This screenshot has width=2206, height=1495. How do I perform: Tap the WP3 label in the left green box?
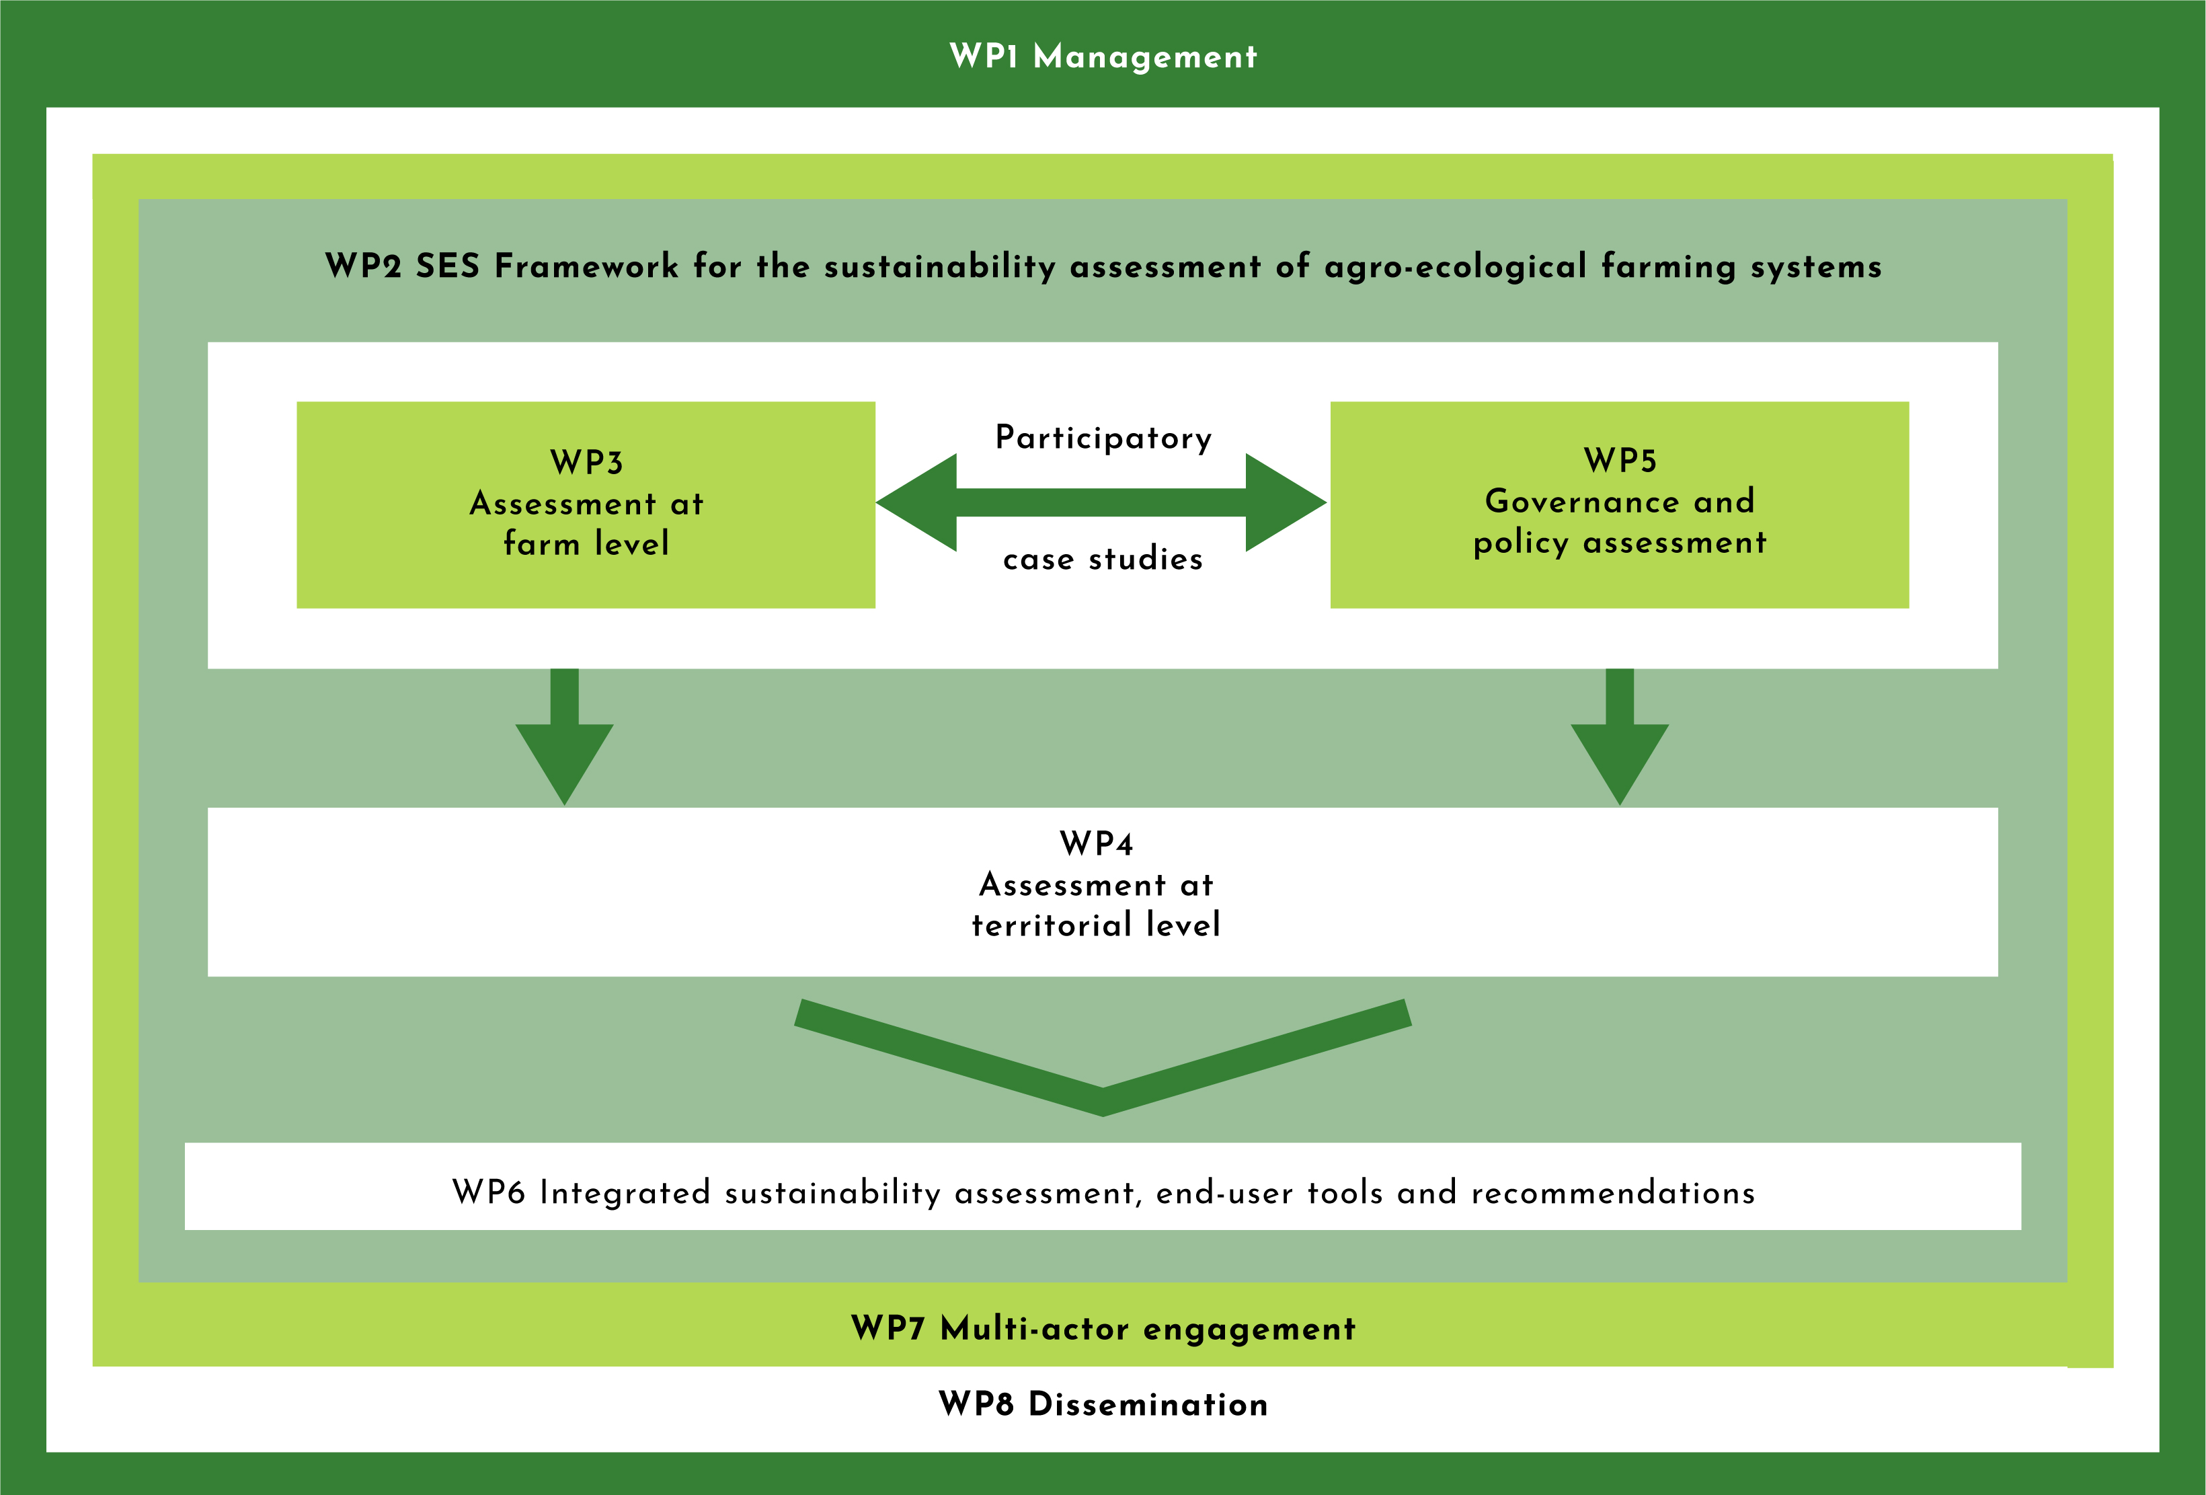(x=586, y=462)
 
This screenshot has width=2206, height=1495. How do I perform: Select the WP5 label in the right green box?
(x=1620, y=461)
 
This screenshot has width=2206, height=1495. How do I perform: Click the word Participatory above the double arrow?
(x=1103, y=438)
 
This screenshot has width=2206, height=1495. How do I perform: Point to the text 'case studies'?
(x=1103, y=559)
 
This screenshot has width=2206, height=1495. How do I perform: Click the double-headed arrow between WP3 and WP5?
(x=1101, y=502)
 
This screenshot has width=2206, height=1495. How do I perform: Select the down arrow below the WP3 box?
(x=565, y=736)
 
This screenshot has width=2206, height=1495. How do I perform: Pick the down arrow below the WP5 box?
(x=1620, y=736)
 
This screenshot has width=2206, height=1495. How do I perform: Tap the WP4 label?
(x=1097, y=844)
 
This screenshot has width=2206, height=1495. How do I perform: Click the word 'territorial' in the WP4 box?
(x=1052, y=925)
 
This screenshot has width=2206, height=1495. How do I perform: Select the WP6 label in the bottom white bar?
(x=489, y=1192)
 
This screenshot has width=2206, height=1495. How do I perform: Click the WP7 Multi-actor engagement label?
(x=1103, y=1329)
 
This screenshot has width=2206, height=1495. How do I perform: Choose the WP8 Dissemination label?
(x=1103, y=1404)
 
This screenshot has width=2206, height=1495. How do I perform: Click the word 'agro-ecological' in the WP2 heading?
(x=1455, y=267)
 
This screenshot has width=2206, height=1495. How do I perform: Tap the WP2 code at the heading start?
(x=364, y=266)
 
